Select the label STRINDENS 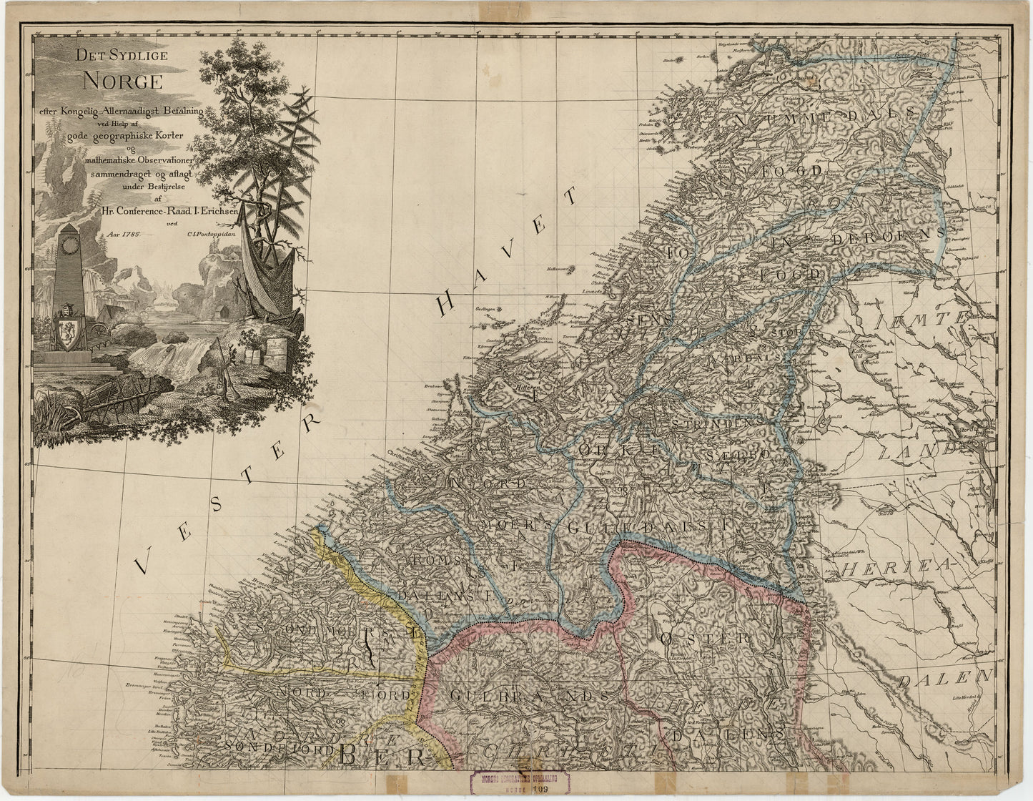tap(715, 423)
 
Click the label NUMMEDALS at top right tap(822, 114)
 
